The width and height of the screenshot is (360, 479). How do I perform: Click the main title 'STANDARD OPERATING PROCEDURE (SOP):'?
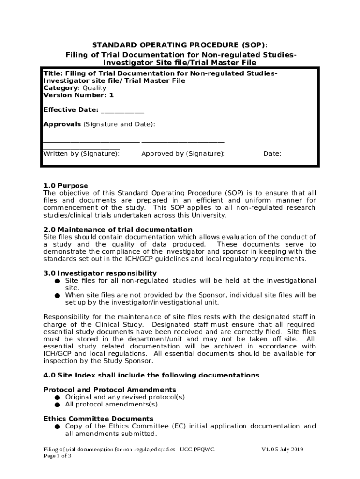pyautogui.click(x=180, y=45)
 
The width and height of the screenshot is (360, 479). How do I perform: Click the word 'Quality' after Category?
pyautogui.click(x=94, y=88)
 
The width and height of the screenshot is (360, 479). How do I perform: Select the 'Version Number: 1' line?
pyautogui.click(x=79, y=95)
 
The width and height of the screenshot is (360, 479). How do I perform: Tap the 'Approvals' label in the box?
pyautogui.click(x=62, y=124)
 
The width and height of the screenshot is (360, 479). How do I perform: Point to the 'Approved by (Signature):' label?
pyautogui.click(x=183, y=153)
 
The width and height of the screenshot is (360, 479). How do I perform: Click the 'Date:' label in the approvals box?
pyautogui.click(x=272, y=153)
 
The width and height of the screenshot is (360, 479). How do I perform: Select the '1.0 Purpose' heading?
pyautogui.click(x=66, y=186)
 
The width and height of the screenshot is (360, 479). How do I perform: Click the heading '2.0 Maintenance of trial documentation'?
pyautogui.click(x=118, y=230)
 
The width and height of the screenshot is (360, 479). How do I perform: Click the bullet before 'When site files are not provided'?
pyautogui.click(x=57, y=296)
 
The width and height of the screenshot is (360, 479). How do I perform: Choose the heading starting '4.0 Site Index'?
pyautogui.click(x=151, y=375)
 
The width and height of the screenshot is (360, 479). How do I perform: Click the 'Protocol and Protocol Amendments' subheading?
pyautogui.click(x=110, y=390)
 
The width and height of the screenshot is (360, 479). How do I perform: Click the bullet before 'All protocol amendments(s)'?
pyautogui.click(x=57, y=405)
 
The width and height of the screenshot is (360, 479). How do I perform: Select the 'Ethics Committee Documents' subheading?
pyautogui.click(x=98, y=419)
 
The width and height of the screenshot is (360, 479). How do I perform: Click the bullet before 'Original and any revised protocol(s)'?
pyautogui.click(x=57, y=398)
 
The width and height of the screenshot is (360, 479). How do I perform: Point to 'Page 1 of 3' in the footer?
pyautogui.click(x=58, y=456)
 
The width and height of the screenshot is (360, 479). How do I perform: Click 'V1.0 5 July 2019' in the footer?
pyautogui.click(x=282, y=450)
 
